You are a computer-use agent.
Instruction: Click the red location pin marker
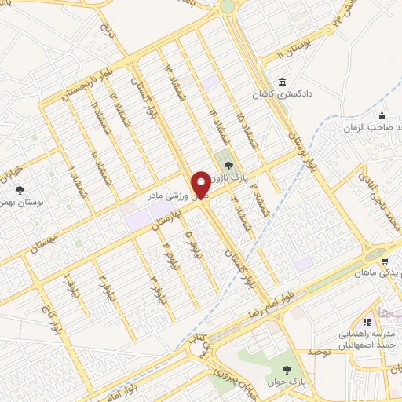click(x=202, y=185)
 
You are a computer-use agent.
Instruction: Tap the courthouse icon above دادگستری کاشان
click(x=282, y=82)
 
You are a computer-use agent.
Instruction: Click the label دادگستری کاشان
click(x=303, y=93)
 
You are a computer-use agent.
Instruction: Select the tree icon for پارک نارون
click(x=228, y=165)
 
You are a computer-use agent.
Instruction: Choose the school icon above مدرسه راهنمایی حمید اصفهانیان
click(x=365, y=322)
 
